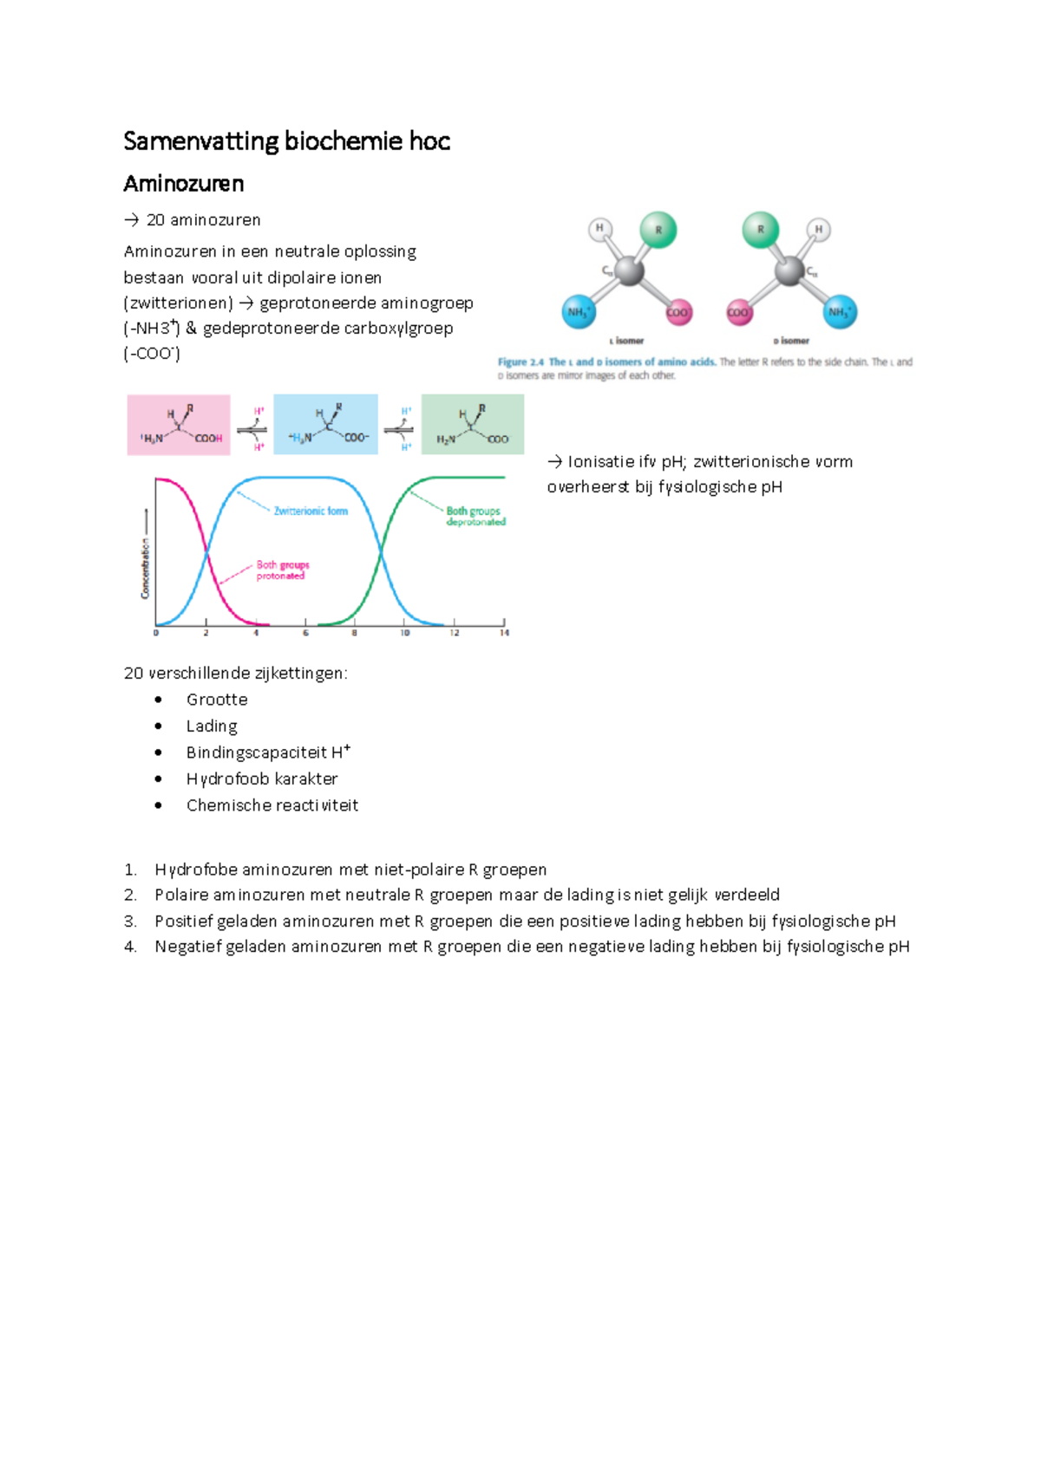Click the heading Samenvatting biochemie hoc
pyautogui.click(x=286, y=141)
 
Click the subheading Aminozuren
pyautogui.click(x=183, y=184)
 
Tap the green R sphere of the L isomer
pyautogui.click(x=658, y=231)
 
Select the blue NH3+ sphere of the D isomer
pyautogui.click(x=839, y=312)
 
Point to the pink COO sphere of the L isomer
pyautogui.click(x=678, y=313)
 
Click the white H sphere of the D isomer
pyautogui.click(x=818, y=230)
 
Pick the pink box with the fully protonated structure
pyautogui.click(x=179, y=425)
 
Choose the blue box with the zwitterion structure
pyautogui.click(x=325, y=425)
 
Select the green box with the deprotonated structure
pyautogui.click(x=473, y=425)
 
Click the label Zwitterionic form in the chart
pyautogui.click(x=311, y=511)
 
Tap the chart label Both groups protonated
pyautogui.click(x=282, y=570)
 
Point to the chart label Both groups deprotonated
pyautogui.click(x=475, y=516)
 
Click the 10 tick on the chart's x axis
pyautogui.click(x=404, y=633)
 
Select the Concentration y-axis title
pyautogui.click(x=146, y=568)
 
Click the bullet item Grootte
pyautogui.click(x=217, y=700)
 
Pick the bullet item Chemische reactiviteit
pyautogui.click(x=272, y=805)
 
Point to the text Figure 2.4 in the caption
pyautogui.click(x=520, y=362)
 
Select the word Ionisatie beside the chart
pyautogui.click(x=599, y=462)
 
